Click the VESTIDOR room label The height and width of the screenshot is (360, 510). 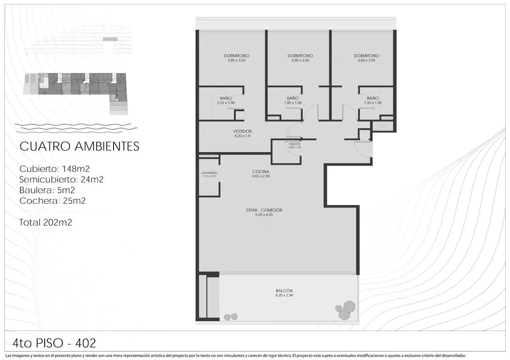tap(242, 131)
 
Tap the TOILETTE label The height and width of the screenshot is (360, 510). tap(294, 144)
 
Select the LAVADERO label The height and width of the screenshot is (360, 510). tap(210, 173)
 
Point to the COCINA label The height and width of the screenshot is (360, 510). tap(261, 172)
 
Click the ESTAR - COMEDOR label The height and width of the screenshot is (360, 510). tap(264, 210)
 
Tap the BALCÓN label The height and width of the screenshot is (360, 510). tap(284, 291)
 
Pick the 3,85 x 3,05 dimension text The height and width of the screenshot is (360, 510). tap(237, 60)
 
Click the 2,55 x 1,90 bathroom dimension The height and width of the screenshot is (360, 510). tap(226, 103)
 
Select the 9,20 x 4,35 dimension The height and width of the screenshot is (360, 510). tap(264, 215)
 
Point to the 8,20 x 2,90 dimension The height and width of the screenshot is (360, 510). tap(284, 295)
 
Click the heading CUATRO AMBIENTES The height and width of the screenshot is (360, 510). tap(79, 146)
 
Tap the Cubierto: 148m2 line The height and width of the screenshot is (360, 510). tap(55, 169)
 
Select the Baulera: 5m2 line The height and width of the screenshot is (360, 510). tap(47, 190)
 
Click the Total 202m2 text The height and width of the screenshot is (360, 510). tap(45, 222)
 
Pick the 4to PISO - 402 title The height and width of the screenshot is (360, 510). tap(54, 343)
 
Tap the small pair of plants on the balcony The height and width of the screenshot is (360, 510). tap(231, 317)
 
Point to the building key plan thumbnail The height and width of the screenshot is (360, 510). tap(76, 93)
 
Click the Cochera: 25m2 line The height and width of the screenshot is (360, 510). tap(52, 201)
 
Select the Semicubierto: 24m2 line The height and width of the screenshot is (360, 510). tap(61, 180)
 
